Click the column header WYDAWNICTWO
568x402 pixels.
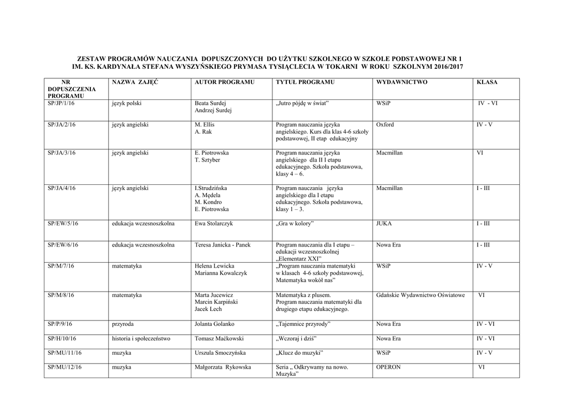coord(402,82)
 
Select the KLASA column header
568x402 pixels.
coord(487,82)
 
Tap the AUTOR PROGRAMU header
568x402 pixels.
coord(224,82)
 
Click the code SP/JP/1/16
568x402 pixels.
coord(62,103)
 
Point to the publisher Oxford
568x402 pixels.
coord(385,125)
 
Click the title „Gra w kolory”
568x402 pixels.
coord(295,223)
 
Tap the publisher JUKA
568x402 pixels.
coord(384,223)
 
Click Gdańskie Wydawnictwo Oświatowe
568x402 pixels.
coord(420,295)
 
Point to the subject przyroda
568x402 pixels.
coord(123,324)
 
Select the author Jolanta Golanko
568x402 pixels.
coord(215,324)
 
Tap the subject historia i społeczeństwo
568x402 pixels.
coord(141,338)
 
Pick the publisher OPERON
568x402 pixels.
coord(388,367)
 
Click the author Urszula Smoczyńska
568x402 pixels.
coord(220,353)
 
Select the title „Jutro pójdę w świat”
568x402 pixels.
coord(303,103)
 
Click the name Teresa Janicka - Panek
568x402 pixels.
coord(223,245)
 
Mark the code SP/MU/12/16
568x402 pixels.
coord(64,367)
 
